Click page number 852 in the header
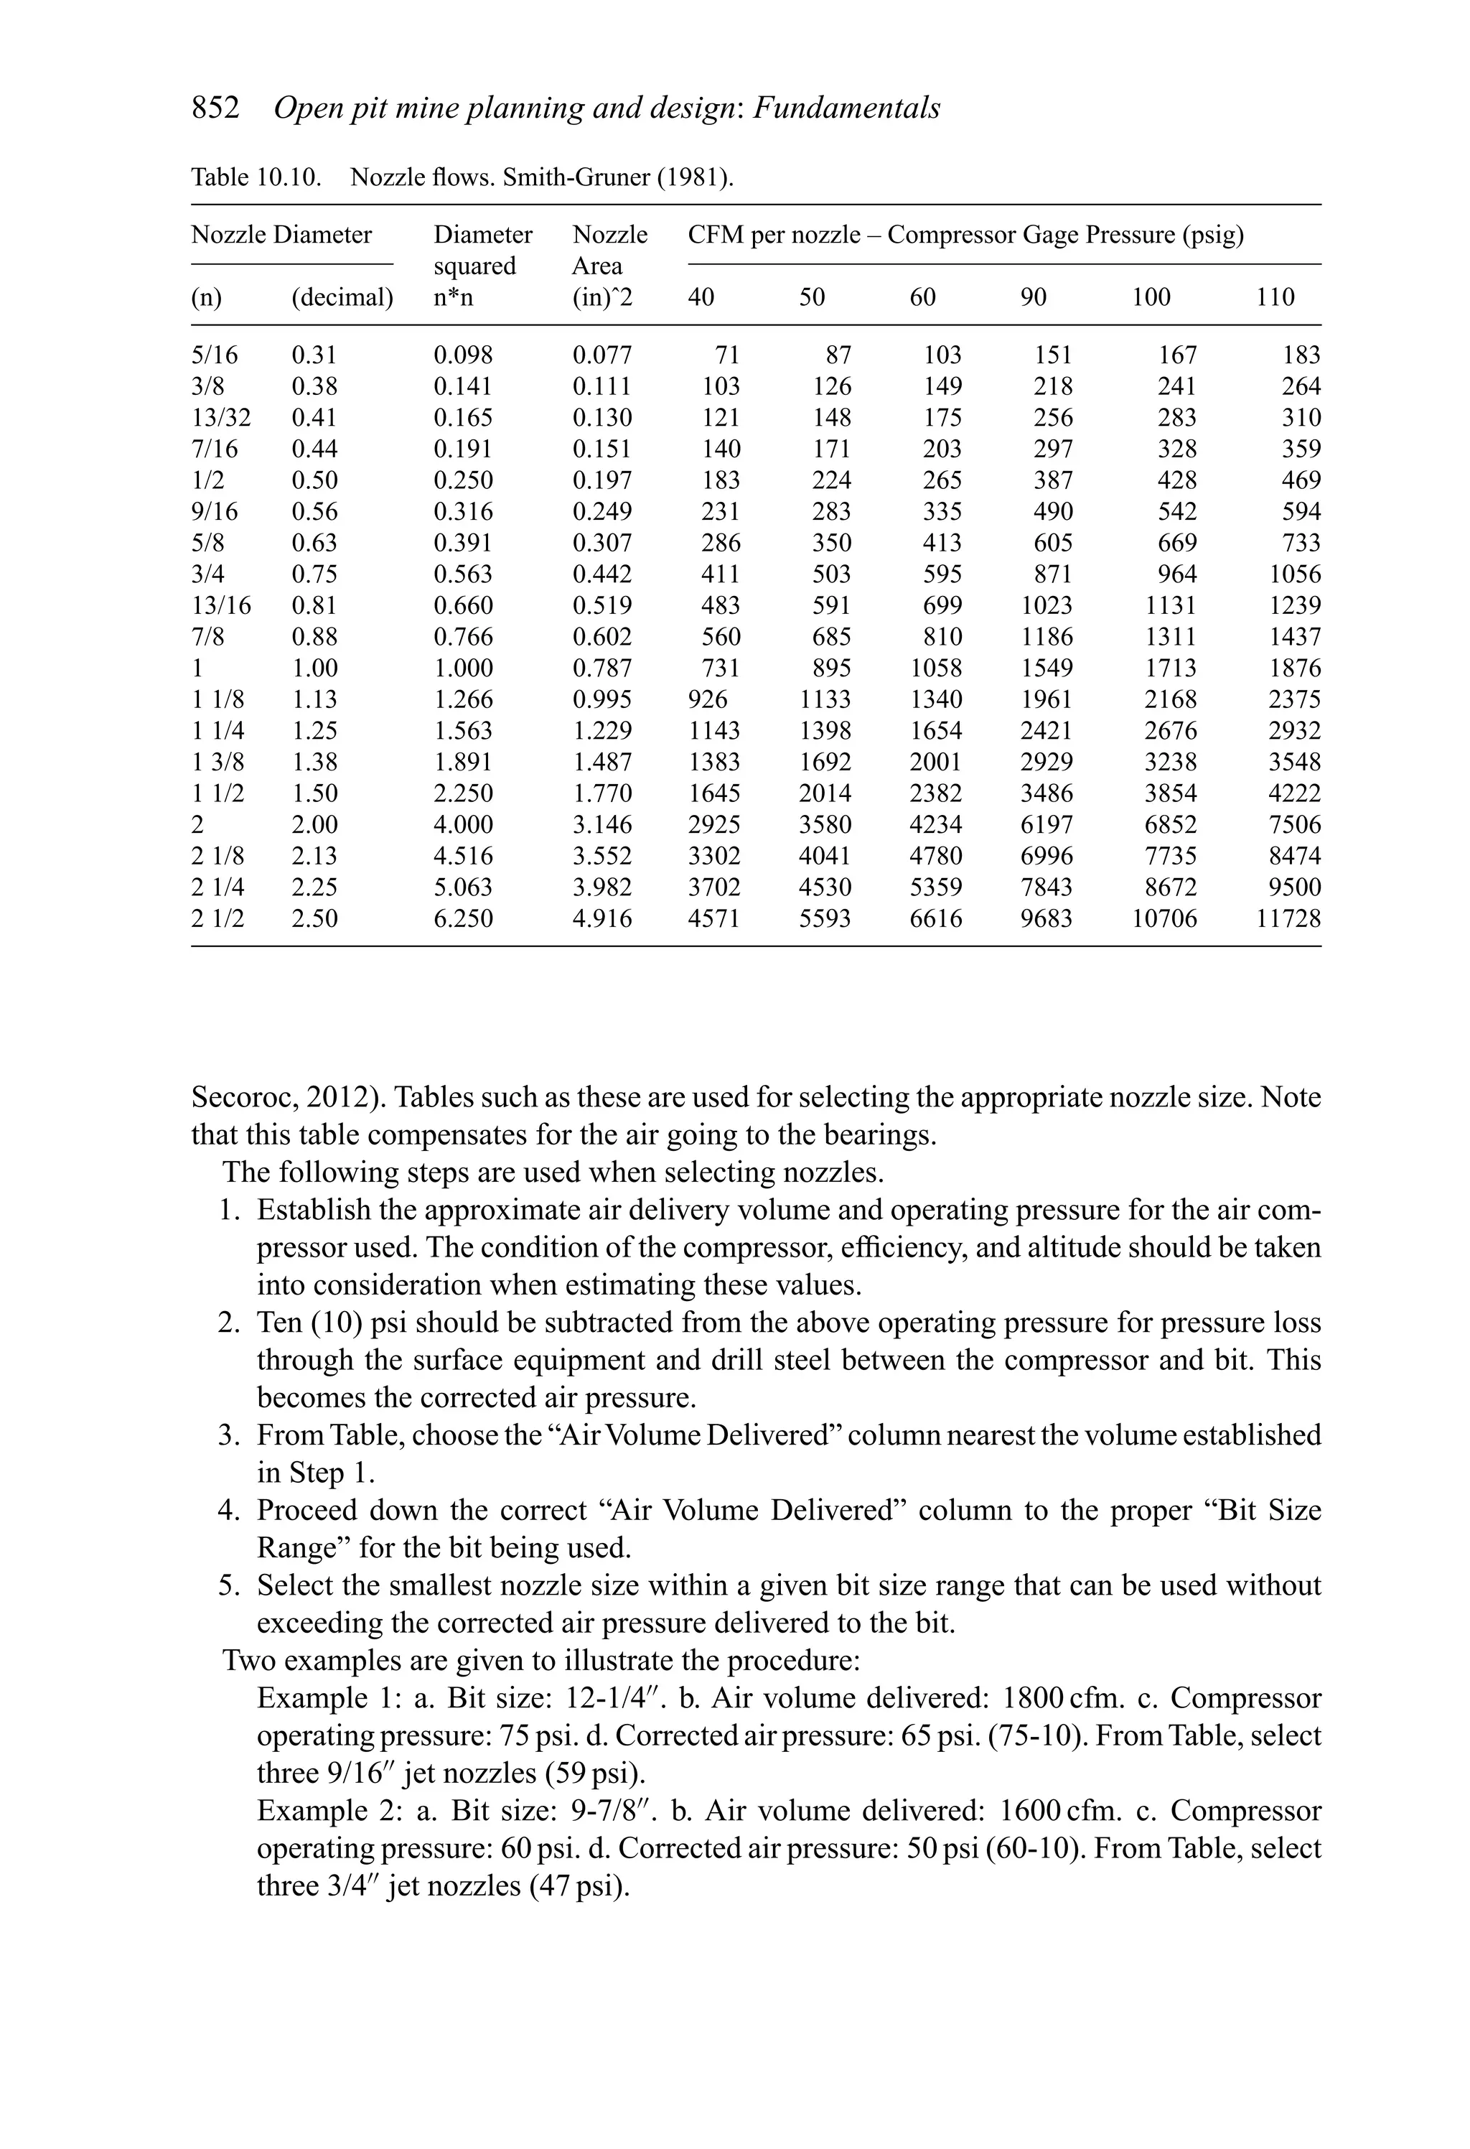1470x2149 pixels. click(215, 108)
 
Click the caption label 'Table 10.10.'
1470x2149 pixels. click(256, 177)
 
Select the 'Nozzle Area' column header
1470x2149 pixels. click(609, 251)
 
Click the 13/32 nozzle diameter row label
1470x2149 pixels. click(221, 418)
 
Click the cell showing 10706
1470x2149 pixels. click(1164, 919)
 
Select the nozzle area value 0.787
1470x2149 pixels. click(602, 668)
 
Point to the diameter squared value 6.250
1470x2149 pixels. click(463, 919)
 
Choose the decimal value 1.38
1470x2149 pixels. click(314, 763)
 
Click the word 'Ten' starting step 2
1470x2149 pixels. click(279, 1323)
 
